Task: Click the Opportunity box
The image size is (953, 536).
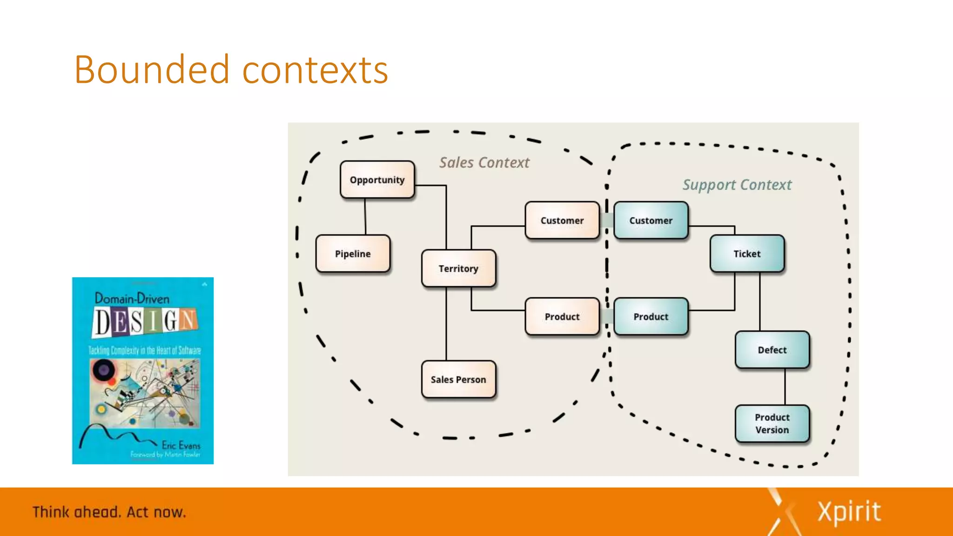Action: (377, 180)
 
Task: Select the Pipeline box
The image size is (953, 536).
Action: (353, 254)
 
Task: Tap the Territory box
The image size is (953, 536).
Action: (458, 268)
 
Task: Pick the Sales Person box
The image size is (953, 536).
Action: (458, 379)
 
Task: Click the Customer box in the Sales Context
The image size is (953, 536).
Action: (562, 221)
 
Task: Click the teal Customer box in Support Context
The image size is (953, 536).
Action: (651, 221)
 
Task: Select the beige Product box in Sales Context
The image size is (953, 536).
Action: (562, 316)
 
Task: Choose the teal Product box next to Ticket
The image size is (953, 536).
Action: (651, 316)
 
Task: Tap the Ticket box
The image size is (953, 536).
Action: (747, 254)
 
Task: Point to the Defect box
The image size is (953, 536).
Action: (772, 350)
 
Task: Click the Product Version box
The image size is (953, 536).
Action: (772, 423)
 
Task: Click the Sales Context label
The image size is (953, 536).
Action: (484, 163)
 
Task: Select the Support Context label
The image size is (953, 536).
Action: (737, 185)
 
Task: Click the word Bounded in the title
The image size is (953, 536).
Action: (152, 70)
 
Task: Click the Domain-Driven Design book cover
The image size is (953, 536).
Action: (143, 371)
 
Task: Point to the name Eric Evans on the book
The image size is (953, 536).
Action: (181, 445)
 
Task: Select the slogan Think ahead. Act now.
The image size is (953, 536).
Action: (109, 512)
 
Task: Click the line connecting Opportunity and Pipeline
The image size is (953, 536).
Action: (365, 217)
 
